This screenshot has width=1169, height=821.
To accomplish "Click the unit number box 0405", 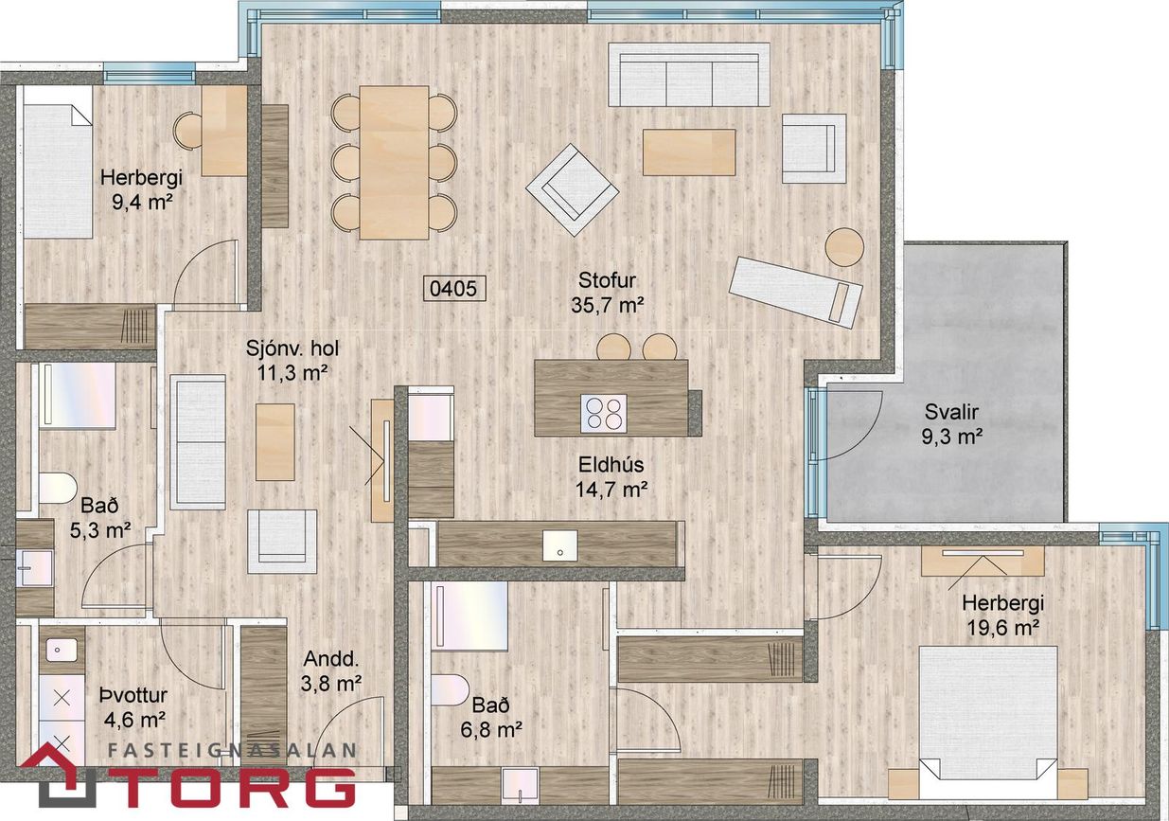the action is [453, 288].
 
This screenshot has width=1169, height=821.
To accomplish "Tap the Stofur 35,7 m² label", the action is [607, 293].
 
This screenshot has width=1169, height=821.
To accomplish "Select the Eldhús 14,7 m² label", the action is [611, 476].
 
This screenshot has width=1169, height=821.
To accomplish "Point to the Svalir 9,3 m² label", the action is [951, 424].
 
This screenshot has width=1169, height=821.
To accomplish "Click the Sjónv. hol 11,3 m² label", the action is [292, 360].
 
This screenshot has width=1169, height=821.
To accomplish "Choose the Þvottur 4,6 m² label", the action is [133, 707].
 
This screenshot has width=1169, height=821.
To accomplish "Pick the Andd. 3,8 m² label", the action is [331, 670].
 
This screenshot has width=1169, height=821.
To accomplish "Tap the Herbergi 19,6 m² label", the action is [1002, 615].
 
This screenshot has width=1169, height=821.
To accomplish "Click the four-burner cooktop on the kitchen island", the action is [604, 412].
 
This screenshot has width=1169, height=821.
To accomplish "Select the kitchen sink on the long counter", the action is [559, 545].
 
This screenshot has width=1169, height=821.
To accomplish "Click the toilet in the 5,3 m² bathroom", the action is [57, 488].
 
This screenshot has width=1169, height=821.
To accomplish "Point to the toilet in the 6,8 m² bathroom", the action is [450, 689].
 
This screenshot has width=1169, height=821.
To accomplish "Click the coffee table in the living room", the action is [689, 152].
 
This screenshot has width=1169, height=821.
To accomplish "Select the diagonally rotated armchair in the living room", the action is [573, 190].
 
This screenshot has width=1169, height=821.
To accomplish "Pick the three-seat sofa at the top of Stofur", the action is [689, 75].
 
